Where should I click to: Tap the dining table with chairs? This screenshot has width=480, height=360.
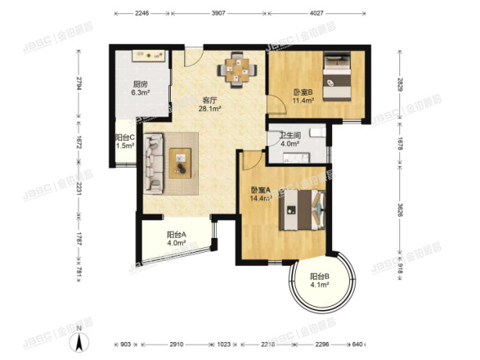point(236,68)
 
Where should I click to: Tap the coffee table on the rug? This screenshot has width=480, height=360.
point(182,163)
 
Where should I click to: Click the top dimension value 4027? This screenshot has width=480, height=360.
point(316,13)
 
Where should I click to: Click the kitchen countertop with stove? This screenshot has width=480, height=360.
point(148,57)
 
